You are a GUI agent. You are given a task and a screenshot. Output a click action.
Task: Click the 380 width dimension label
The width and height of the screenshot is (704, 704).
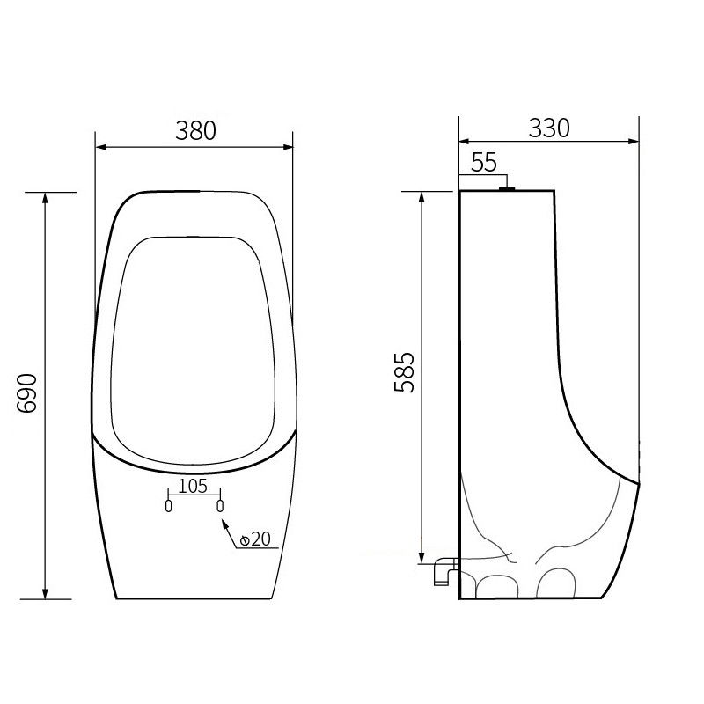tap(195, 130)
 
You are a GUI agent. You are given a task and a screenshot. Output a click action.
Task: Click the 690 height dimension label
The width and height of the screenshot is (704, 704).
tap(29, 393)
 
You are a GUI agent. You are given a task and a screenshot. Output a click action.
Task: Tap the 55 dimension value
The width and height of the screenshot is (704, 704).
tap(485, 162)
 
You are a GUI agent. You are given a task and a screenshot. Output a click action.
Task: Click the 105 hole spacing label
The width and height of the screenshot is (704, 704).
tap(193, 486)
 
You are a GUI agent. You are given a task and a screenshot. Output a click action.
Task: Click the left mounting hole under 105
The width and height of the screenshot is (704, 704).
tap(168, 506)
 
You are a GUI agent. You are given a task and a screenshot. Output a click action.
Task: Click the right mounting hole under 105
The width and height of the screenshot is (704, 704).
tap(220, 506)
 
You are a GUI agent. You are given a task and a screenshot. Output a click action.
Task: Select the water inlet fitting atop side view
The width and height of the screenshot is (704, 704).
tap(506, 187)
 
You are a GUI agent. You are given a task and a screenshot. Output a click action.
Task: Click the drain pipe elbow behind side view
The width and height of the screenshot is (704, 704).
tap(443, 570)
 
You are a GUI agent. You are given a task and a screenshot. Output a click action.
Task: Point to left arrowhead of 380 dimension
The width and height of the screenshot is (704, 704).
tap(99, 146)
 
